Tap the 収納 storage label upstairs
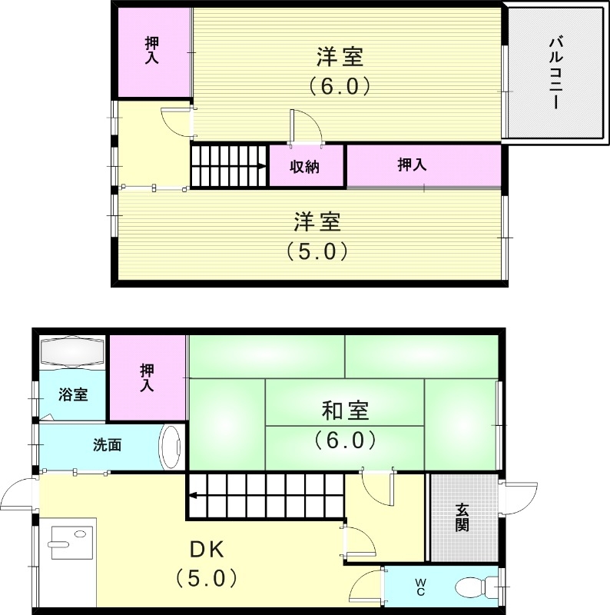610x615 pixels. pos(304,166)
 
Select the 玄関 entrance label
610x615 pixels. pos(462,517)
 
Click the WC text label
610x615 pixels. pos(420,589)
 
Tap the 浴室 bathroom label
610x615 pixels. pos(73,395)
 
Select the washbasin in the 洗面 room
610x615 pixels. pos(171,445)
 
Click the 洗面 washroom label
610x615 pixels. pos(107,444)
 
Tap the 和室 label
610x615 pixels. pos(345,411)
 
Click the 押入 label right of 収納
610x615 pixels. pos(412,165)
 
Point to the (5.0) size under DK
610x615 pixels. pos(205,577)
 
